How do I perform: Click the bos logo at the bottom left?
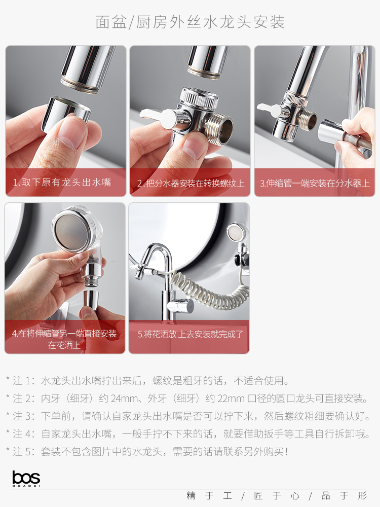point(26,478)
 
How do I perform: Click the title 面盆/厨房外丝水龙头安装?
point(190,22)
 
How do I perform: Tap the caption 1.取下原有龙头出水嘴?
point(62,183)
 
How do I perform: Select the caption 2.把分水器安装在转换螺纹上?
point(191,184)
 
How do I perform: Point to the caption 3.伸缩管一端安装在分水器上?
point(315,184)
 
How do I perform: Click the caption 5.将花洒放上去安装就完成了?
point(191,334)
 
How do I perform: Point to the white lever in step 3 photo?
point(269,109)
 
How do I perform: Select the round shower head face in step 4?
point(70,230)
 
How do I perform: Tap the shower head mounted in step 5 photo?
point(237,232)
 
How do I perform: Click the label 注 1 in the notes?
point(23,381)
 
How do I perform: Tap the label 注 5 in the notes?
point(23,451)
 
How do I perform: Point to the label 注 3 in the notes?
point(23,416)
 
